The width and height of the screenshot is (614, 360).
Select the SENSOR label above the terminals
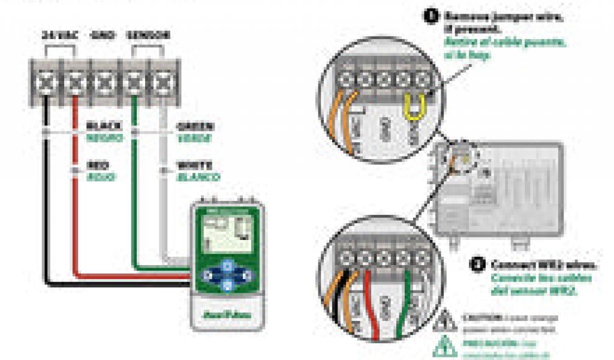(148, 35)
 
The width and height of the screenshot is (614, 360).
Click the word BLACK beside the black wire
(104, 126)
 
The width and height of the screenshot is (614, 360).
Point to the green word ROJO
(100, 177)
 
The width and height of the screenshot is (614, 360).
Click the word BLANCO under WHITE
(197, 177)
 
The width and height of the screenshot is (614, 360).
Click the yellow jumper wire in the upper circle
(413, 109)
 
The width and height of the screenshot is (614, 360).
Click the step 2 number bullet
(478, 265)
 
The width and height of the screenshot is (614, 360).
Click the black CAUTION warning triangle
(448, 320)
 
